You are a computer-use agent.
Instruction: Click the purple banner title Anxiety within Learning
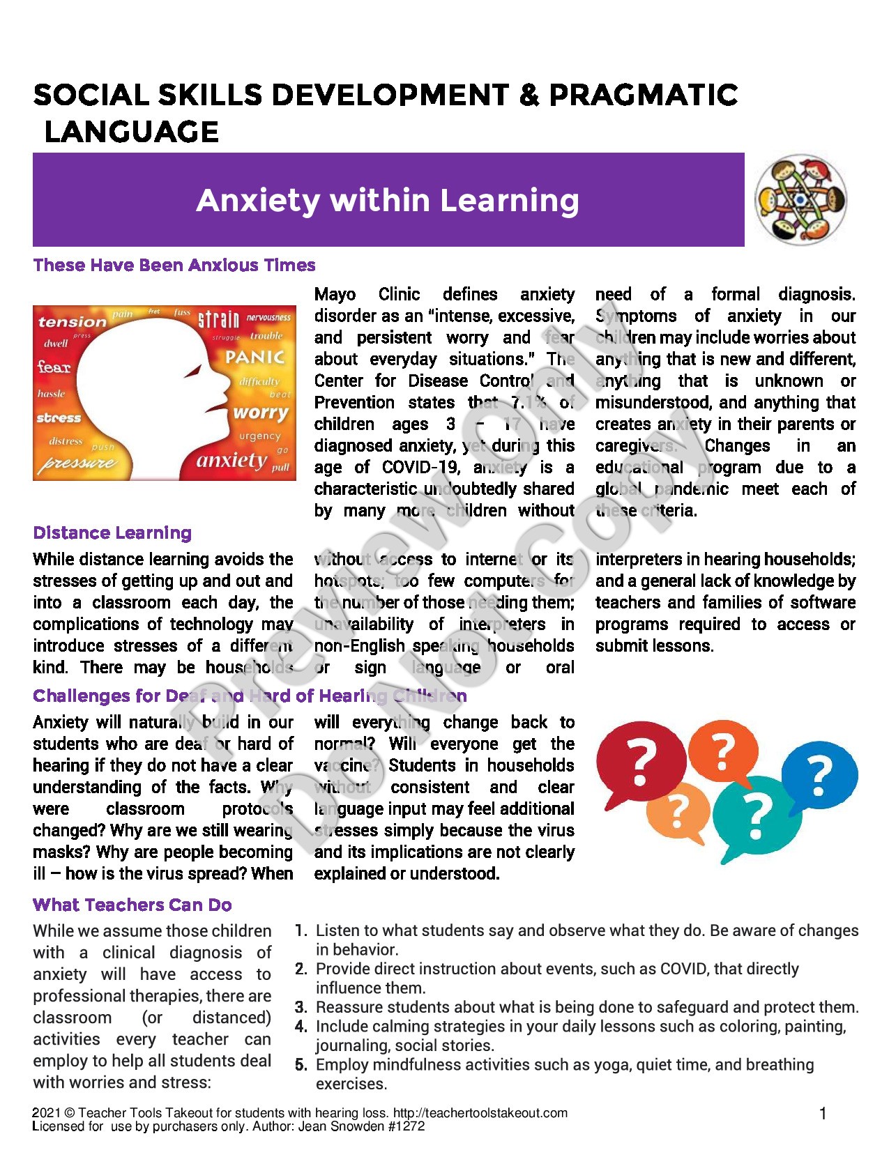click(388, 201)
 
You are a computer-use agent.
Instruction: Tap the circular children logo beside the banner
click(800, 199)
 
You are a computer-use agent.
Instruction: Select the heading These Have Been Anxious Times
click(174, 265)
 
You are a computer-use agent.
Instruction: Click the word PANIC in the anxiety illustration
click(255, 358)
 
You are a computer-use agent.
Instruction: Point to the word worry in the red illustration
click(261, 412)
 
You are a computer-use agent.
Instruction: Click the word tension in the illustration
click(72, 322)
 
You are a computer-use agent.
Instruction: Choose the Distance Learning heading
click(112, 533)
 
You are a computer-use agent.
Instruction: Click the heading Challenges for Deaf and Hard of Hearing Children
click(250, 696)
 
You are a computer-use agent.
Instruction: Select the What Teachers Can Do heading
click(132, 905)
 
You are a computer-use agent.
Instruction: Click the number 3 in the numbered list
click(301, 1007)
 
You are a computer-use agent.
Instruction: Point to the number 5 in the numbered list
click(301, 1065)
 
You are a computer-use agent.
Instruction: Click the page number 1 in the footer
click(823, 1114)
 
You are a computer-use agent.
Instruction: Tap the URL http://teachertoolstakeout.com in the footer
click(480, 1113)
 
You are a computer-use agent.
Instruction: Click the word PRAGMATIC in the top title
click(644, 95)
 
